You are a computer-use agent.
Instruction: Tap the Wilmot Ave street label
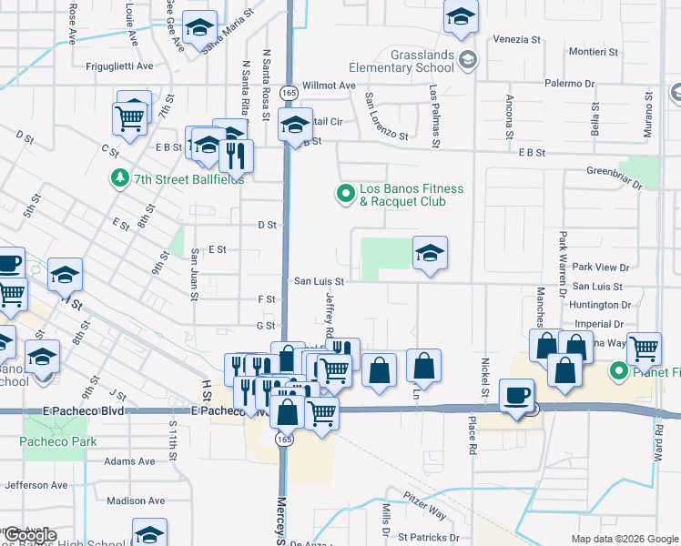point(329,85)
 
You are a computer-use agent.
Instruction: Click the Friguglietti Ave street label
point(119,66)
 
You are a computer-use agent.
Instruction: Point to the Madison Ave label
point(135,500)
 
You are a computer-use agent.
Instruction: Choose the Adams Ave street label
point(129,461)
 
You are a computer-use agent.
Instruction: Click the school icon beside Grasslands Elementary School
point(468,61)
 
